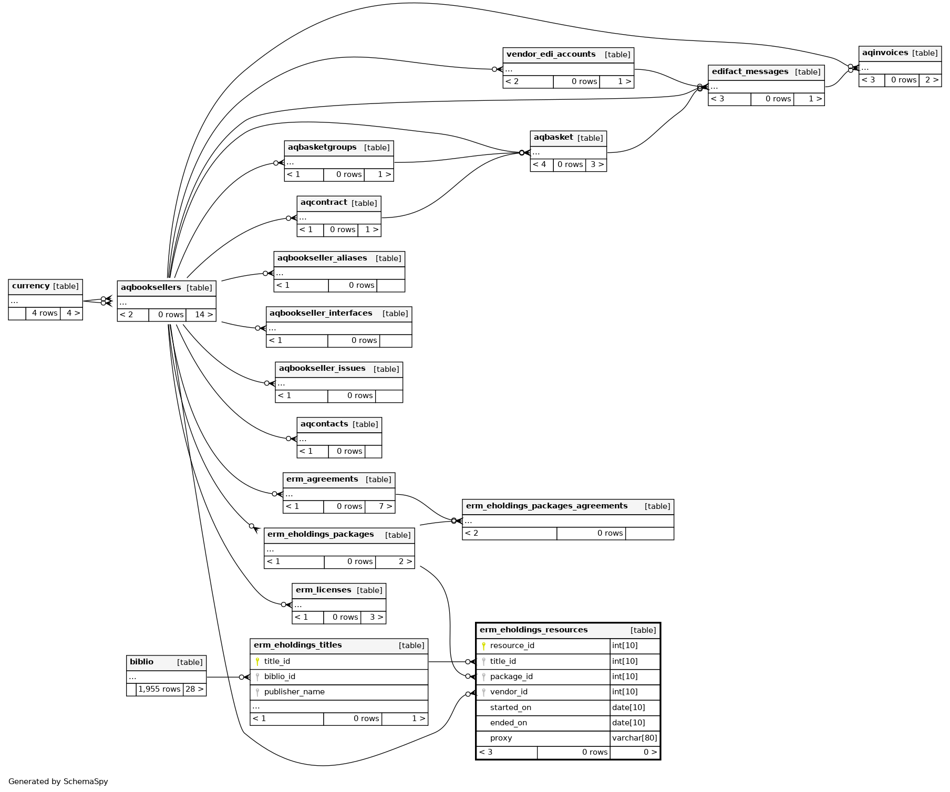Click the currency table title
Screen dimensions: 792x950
32,286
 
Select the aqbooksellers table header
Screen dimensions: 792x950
151,288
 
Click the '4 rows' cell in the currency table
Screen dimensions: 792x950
44,313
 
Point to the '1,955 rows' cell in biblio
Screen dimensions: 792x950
159,689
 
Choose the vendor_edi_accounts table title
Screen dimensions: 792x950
551,55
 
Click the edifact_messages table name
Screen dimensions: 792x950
750,72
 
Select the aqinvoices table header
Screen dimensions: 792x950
885,53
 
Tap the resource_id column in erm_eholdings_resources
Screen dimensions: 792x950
512,645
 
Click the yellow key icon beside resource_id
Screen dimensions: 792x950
483,646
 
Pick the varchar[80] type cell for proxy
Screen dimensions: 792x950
634,738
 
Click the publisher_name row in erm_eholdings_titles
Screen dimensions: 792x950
294,692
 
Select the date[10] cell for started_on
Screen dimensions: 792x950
628,707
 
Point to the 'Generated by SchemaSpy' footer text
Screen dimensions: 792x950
58,781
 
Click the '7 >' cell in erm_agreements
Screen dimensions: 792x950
385,506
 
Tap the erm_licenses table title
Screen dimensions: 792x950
323,590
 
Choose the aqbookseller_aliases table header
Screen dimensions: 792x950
322,258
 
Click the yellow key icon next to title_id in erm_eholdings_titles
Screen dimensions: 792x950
257,662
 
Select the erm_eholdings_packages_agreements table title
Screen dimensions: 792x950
546,506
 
